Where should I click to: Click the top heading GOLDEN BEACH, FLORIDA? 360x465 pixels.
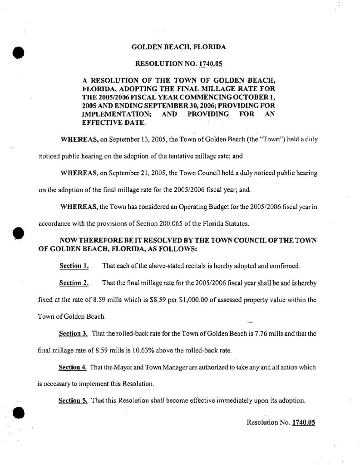178,47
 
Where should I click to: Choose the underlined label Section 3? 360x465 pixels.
74,334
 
